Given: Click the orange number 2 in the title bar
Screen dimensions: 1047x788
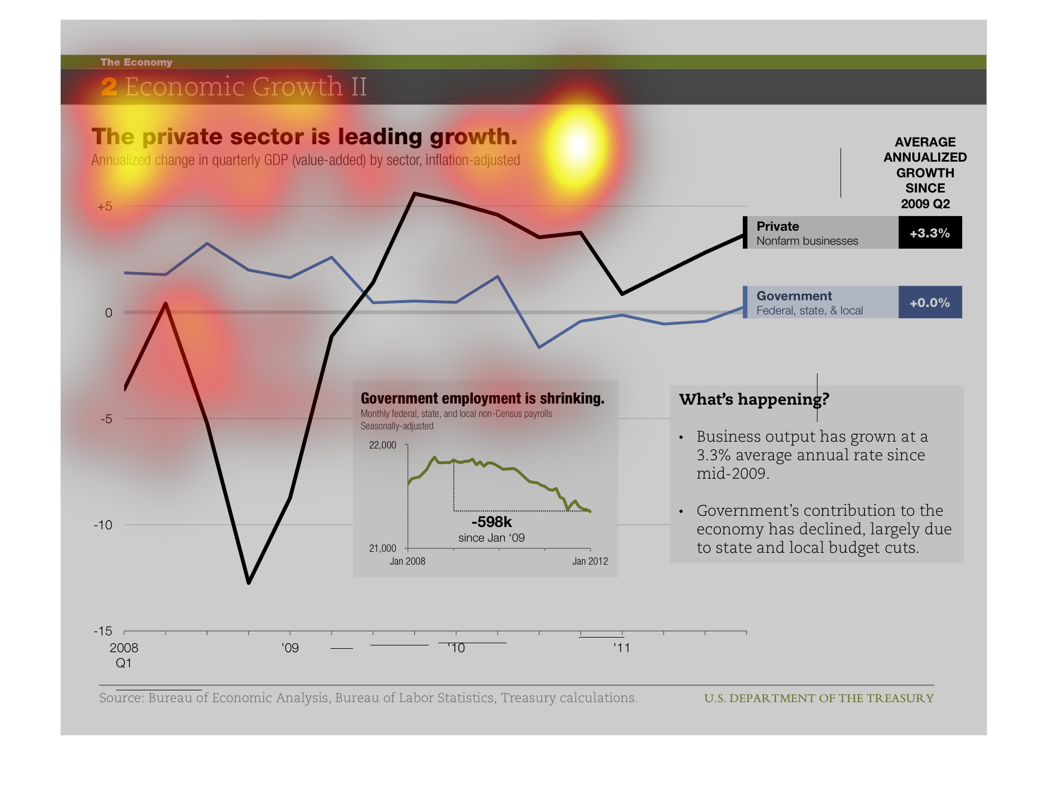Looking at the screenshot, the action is point(109,87).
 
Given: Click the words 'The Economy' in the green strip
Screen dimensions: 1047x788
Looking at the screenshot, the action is point(136,62).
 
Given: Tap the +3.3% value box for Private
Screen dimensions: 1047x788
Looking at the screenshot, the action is point(930,232).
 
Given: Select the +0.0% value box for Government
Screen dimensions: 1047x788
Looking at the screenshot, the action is point(930,303).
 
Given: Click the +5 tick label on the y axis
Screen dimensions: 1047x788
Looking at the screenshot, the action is point(105,207).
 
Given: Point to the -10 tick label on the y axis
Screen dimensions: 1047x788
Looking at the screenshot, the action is point(103,525).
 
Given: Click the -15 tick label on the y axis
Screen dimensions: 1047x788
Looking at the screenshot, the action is point(103,631).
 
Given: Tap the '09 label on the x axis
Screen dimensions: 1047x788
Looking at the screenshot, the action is point(290,648).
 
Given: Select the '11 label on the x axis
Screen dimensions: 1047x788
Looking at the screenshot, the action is point(621,648).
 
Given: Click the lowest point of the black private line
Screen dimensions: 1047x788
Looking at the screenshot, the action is point(249,583).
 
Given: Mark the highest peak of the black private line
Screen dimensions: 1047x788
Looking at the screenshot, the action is point(415,194).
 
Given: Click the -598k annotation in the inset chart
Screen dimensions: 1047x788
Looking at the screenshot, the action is point(492,522).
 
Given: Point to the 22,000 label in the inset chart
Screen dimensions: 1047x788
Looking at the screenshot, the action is point(383,445).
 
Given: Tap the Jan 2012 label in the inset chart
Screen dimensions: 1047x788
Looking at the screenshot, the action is point(590,561).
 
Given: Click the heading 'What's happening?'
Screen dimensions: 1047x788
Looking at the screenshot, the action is point(754,399).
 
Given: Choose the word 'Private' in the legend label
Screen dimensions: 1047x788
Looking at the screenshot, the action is point(778,226).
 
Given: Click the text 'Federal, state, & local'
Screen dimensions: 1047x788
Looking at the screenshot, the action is point(810,310).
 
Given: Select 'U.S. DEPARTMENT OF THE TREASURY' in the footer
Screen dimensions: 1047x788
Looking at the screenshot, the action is point(819,698).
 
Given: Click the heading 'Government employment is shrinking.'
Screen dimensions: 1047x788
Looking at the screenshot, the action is point(483,398).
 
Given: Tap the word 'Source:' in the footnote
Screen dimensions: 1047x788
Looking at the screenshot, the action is point(122,698).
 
